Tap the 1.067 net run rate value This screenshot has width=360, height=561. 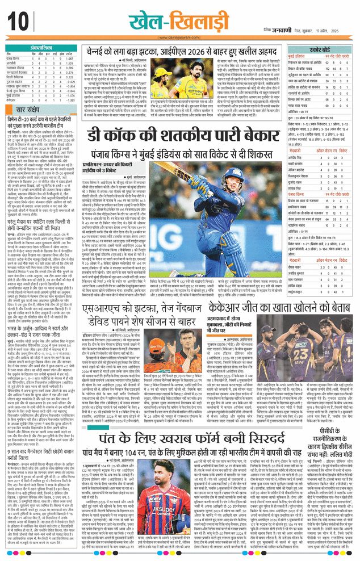(x=69, y=58)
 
